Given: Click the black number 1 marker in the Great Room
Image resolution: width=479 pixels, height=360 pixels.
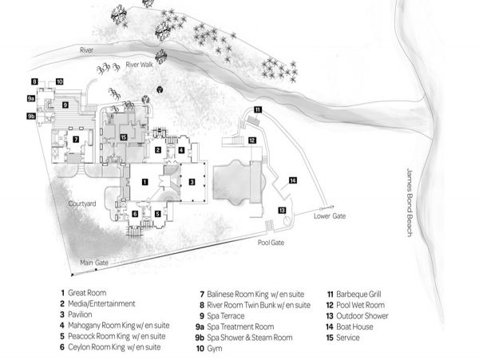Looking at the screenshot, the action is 144,182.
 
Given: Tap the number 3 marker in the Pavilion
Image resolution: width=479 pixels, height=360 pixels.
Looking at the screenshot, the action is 192,182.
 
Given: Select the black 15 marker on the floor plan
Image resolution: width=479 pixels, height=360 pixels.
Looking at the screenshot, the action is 124,137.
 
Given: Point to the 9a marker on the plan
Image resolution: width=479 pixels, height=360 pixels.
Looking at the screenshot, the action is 31,98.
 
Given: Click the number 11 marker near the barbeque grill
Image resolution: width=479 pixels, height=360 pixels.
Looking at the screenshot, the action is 258,109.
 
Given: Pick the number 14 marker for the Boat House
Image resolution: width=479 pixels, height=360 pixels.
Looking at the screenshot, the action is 293,180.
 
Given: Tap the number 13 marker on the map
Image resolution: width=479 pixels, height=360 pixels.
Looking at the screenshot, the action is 282,210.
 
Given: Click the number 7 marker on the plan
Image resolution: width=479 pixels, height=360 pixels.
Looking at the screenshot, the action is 76,139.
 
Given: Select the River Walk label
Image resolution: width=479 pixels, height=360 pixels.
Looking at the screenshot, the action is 139,65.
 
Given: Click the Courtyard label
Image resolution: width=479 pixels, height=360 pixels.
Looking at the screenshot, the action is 82,204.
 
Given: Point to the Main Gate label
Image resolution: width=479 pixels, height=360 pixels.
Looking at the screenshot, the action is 94,263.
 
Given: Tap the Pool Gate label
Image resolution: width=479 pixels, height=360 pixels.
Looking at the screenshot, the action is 271,243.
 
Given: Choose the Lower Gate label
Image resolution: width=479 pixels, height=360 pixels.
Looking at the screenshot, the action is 330,216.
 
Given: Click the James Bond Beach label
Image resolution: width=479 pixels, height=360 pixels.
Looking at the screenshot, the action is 410,202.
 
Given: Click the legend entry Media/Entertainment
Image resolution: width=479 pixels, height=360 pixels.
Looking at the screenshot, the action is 101,304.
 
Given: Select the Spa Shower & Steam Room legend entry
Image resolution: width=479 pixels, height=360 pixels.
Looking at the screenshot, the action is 250,338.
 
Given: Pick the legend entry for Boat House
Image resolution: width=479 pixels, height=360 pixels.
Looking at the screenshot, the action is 354,326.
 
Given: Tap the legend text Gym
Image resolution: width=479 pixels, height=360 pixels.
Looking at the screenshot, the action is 215,349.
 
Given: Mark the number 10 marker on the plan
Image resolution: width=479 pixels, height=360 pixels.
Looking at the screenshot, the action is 59,81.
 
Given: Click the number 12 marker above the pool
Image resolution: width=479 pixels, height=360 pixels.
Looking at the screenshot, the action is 252,140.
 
